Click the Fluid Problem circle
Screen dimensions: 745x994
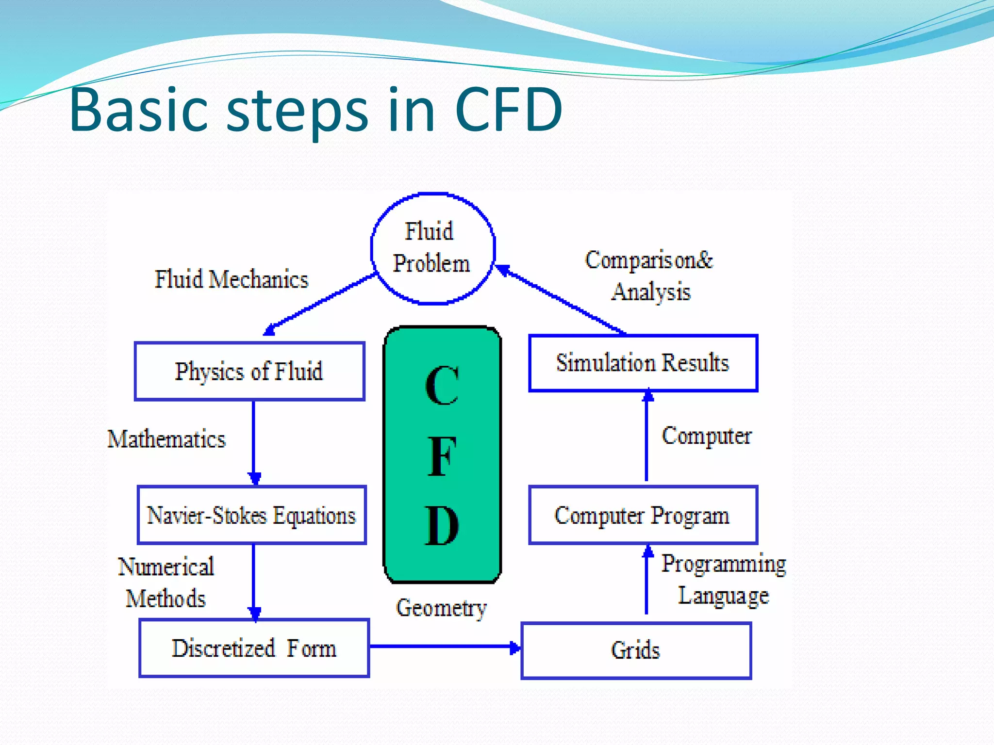[x=432, y=248]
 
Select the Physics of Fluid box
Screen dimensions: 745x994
[x=249, y=372]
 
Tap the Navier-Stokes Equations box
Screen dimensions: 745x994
[x=251, y=515]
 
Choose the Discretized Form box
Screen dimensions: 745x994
[x=254, y=648]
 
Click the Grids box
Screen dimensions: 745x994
[x=636, y=650]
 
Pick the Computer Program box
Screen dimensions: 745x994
[x=643, y=515]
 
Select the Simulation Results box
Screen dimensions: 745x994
[x=643, y=363]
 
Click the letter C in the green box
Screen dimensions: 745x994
[x=442, y=386]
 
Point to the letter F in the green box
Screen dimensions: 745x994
[x=442, y=456]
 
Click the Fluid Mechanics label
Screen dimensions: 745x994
[x=232, y=279]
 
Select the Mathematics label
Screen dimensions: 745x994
[x=166, y=439]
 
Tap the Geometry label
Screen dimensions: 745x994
[x=441, y=608]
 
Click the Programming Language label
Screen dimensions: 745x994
[x=723, y=580]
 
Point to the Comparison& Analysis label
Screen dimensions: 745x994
[x=649, y=275]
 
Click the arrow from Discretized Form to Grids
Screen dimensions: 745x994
[x=444, y=646]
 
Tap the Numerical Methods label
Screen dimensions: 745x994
[x=166, y=582]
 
